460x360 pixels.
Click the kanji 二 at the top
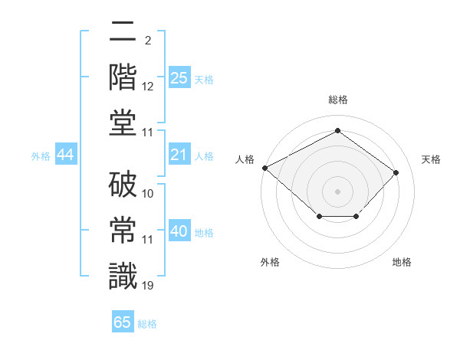(x=123, y=31)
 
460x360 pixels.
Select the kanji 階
(x=123, y=77)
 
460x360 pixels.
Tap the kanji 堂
(x=123, y=123)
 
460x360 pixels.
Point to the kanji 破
(x=123, y=184)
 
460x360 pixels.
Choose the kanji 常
(x=123, y=231)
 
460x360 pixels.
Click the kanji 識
(x=123, y=276)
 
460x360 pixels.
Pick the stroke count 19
(x=148, y=286)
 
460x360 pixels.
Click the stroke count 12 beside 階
(x=148, y=87)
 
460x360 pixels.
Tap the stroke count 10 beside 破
(x=148, y=194)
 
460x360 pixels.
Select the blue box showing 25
(x=179, y=77)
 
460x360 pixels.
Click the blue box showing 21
(x=179, y=155)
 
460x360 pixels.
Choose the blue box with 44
(x=66, y=155)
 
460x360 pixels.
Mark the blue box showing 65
(x=123, y=322)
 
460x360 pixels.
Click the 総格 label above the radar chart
(x=337, y=100)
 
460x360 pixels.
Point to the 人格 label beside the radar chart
(x=245, y=159)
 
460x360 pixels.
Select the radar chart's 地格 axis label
(x=402, y=262)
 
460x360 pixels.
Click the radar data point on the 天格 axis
(x=396, y=172)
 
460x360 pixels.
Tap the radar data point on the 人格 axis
(x=265, y=168)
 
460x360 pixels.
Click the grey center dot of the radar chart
(x=337, y=191)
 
